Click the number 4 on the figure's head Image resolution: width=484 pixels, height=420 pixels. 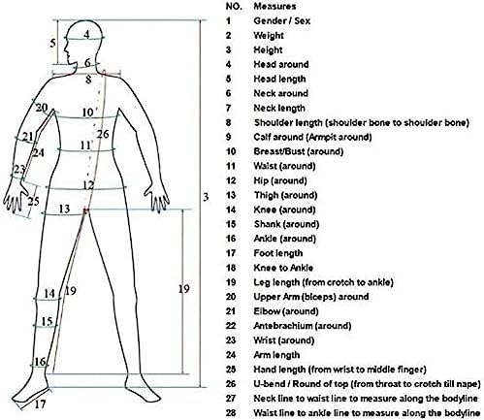click(86, 34)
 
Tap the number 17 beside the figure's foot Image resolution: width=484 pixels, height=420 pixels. click(41, 404)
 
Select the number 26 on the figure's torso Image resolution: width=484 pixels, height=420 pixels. click(103, 134)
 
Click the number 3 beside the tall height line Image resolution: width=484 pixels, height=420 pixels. click(206, 197)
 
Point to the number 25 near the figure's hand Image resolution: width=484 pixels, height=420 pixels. click(33, 201)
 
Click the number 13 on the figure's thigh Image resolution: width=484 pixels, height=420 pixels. click(64, 209)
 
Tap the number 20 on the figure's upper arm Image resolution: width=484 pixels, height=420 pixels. click(42, 108)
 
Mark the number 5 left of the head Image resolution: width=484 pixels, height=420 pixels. click(52, 43)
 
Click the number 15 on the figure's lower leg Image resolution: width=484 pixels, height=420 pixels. click(47, 321)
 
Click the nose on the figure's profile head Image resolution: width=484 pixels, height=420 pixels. click(65, 50)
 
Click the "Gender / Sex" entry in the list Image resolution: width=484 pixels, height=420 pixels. click(281, 21)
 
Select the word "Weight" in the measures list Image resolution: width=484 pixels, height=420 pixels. click(269, 36)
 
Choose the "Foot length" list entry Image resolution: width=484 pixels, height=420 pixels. click(278, 253)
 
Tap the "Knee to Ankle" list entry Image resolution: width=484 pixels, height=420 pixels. click(283, 268)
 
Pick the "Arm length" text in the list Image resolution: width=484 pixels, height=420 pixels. click(276, 355)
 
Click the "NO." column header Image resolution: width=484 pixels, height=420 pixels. click(234, 6)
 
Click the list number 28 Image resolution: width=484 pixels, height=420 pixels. click(231, 413)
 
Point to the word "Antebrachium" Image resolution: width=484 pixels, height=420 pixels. click(283, 326)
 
